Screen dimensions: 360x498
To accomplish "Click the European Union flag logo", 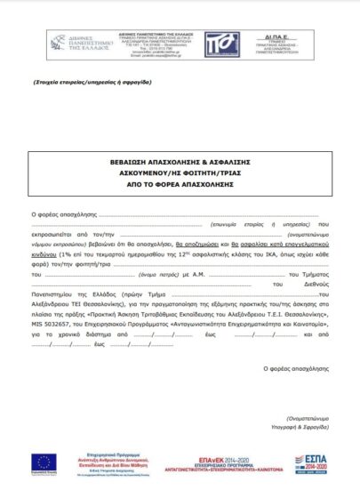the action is [44, 462].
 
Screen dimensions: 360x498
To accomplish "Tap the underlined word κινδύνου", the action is [48, 253].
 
